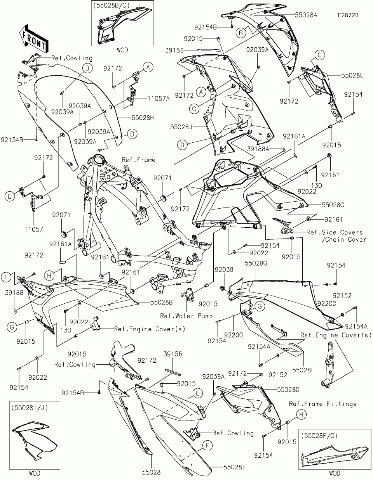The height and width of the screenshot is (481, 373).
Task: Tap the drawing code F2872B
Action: click(x=348, y=16)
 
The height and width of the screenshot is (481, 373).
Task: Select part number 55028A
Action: click(x=306, y=15)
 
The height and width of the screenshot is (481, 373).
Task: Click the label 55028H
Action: click(x=138, y=117)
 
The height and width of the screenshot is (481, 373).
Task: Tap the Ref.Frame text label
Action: click(x=138, y=159)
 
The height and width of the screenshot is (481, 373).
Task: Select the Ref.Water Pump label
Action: click(x=186, y=316)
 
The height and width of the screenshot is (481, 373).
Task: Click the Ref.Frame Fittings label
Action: click(x=322, y=404)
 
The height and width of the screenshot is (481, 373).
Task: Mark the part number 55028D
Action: click(x=288, y=389)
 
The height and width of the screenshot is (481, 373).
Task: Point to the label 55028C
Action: click(x=333, y=204)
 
